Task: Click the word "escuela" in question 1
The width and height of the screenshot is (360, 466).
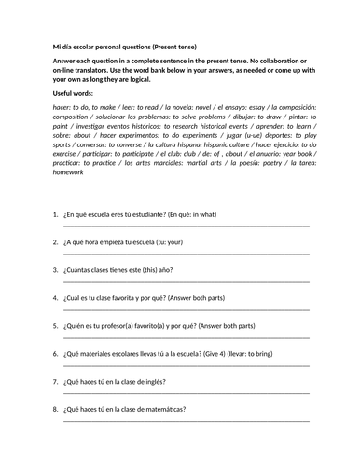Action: (x=105, y=214)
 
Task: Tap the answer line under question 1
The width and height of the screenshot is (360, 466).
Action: (x=187, y=226)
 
